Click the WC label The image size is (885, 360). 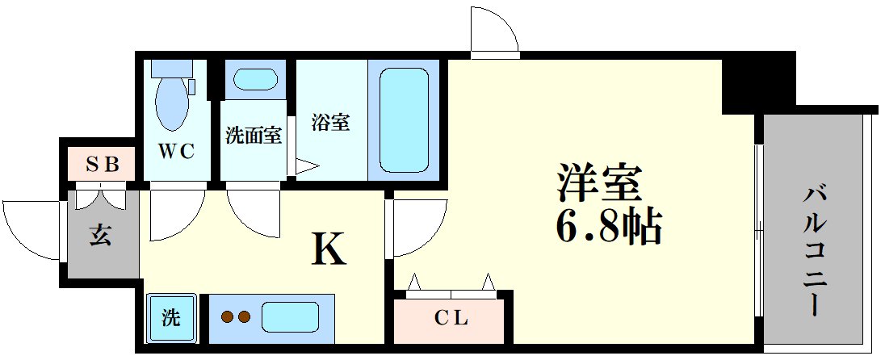pos(176,151)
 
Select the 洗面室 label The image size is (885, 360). pos(254,136)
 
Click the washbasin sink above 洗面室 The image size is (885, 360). pos(254,80)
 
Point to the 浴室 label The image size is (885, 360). pos(331,123)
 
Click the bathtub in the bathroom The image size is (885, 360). pos(403,119)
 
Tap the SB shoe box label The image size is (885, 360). pos(103,165)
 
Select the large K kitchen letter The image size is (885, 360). pos(329,251)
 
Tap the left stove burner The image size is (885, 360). pos(227,317)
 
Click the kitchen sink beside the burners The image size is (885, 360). pos(289,316)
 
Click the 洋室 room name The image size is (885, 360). pos(599,186)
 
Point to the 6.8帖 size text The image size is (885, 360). pos(608,228)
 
